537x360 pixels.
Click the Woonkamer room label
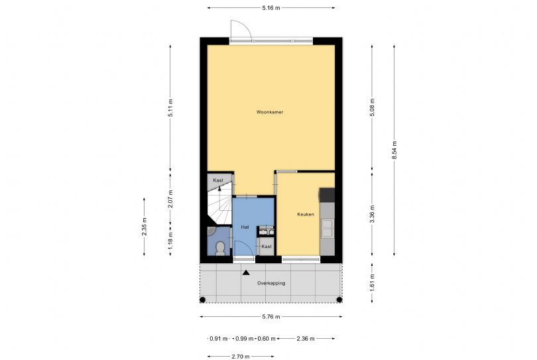[x=270, y=112]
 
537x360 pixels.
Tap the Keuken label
[x=306, y=214]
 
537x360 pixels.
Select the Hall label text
[x=245, y=227]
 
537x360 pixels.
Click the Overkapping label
[x=271, y=283]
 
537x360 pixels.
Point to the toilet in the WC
[x=220, y=248]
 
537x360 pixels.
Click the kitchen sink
[x=327, y=229]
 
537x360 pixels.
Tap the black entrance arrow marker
[x=246, y=272]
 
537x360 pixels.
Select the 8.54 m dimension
[x=394, y=150]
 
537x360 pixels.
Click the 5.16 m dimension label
[x=271, y=8]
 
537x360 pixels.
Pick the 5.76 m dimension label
[x=271, y=317]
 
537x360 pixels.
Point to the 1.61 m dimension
[x=373, y=282]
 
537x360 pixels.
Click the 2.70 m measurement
[x=241, y=357]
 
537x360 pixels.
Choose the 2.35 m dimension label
[x=144, y=227]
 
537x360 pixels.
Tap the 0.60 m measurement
[x=267, y=339]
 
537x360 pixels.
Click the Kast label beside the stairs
[x=218, y=180]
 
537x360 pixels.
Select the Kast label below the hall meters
[x=267, y=246]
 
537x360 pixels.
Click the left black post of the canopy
[x=202, y=300]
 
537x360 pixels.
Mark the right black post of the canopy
[x=339, y=300]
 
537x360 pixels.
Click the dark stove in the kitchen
[x=327, y=195]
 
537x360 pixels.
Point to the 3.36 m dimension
[x=373, y=213]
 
